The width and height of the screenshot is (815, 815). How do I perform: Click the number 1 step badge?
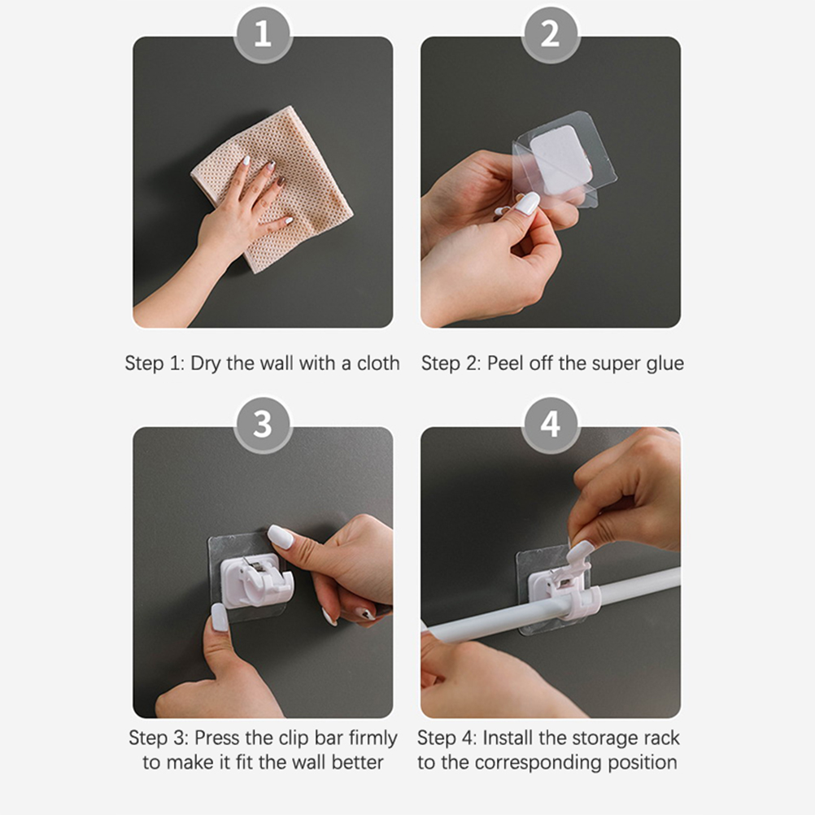263,35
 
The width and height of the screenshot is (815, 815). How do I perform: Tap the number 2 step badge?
550,35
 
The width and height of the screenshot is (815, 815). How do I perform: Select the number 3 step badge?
263,425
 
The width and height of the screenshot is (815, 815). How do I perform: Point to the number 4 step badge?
550,425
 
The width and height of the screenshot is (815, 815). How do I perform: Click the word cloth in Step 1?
378,363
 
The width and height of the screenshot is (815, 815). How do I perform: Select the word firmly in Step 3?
373,739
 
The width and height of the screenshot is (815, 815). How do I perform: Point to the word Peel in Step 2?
505,363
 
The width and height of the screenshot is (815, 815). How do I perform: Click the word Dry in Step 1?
206,364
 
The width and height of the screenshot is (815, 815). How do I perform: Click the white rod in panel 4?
551,606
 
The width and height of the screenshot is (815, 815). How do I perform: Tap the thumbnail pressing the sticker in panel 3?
220,617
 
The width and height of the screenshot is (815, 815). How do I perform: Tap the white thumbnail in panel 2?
527,203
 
